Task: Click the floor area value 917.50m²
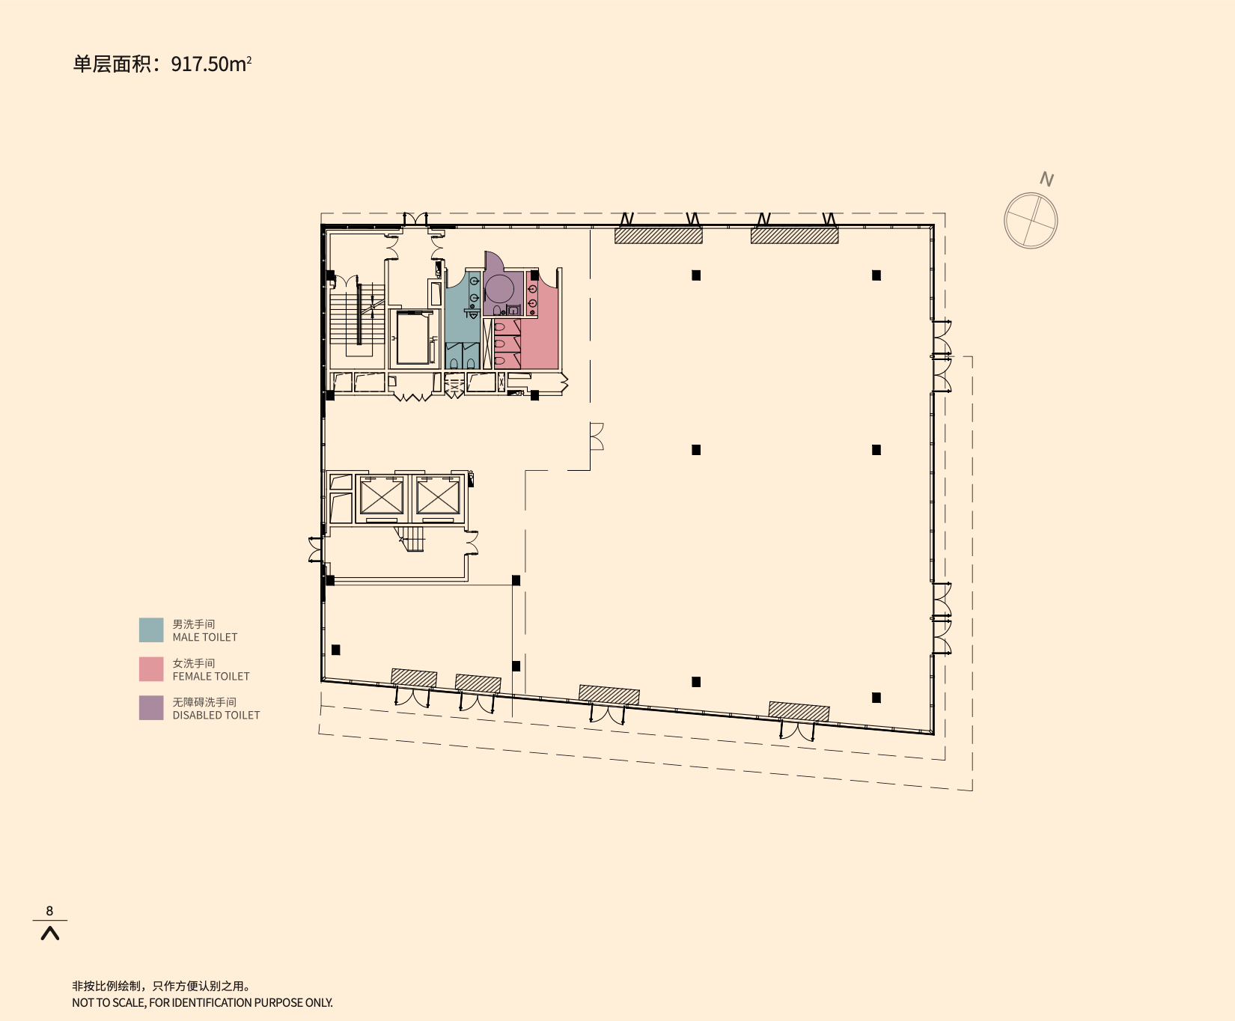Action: (210, 64)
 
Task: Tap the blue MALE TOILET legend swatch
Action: (151, 630)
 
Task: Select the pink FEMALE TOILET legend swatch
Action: (151, 668)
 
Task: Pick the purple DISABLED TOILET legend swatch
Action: (151, 707)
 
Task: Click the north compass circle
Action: (1031, 220)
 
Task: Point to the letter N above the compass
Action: (1046, 179)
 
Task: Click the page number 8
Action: (49, 910)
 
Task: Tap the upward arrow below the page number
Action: (49, 933)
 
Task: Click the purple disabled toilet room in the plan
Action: (500, 292)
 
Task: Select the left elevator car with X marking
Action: (382, 497)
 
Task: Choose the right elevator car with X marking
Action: (438, 497)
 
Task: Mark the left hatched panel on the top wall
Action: (658, 236)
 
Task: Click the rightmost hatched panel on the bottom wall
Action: (799, 711)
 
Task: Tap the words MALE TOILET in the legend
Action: (204, 637)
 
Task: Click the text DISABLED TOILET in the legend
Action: (216, 715)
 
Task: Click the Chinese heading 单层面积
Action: (112, 64)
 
